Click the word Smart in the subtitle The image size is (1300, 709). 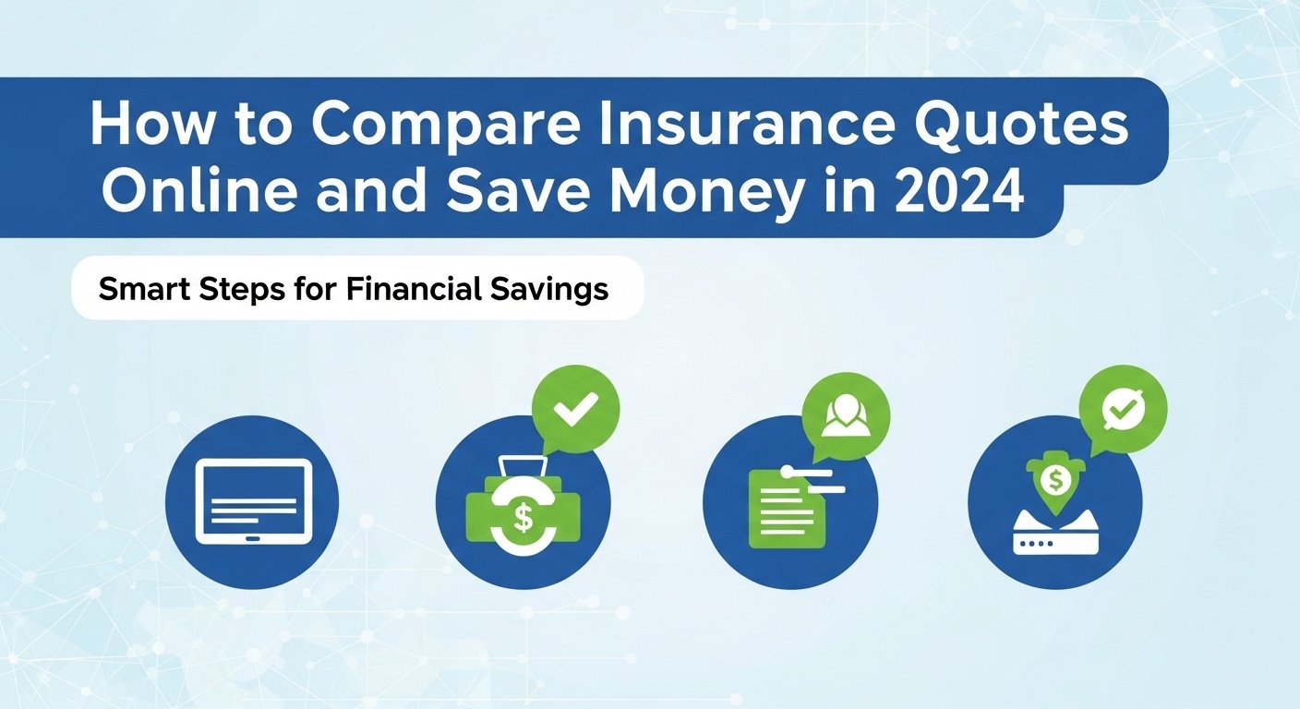(145, 288)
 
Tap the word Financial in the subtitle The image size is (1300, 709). (414, 288)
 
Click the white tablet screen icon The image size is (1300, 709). (254, 502)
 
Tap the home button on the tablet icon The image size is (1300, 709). (253, 538)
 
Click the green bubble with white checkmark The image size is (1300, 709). (574, 409)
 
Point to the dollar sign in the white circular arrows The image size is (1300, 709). (524, 518)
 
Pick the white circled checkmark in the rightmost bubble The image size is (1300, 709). (1124, 409)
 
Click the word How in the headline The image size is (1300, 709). (150, 125)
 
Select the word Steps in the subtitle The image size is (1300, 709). (242, 290)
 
